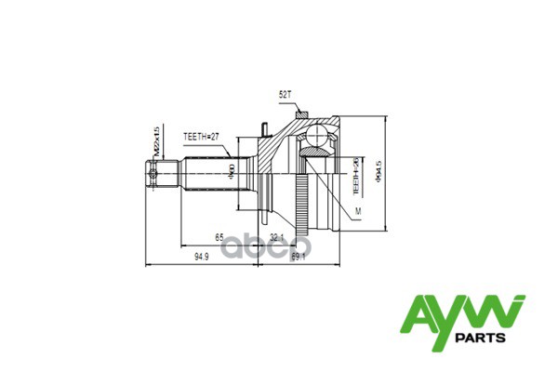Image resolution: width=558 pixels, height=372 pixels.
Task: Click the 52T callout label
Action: (x=286, y=95)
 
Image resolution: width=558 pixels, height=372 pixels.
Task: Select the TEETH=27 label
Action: (x=200, y=137)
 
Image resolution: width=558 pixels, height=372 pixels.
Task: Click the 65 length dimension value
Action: (x=219, y=238)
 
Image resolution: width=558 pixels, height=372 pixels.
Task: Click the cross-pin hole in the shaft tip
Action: (x=152, y=173)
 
